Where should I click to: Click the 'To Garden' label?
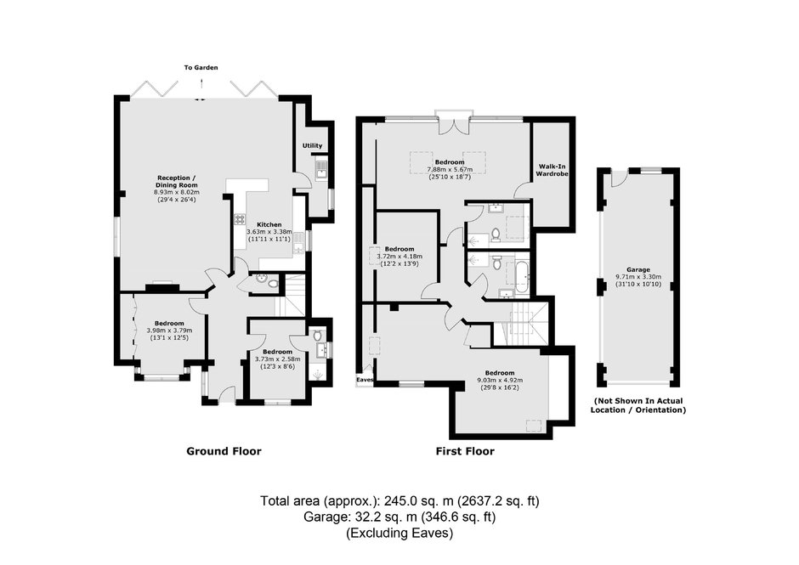(201, 67)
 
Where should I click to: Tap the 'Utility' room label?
(312, 145)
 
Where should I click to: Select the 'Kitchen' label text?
(269, 224)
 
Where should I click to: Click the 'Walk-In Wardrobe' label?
(552, 170)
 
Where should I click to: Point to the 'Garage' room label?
(638, 270)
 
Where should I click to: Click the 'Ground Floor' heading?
(224, 451)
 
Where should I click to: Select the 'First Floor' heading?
(465, 451)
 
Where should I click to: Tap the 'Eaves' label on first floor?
(365, 380)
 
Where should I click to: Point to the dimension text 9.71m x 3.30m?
(638, 277)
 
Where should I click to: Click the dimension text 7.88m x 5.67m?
(450, 170)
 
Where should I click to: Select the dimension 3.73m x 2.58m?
(278, 359)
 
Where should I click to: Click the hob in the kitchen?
(240, 219)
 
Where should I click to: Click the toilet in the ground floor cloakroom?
(274, 283)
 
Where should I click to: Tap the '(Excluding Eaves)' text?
(399, 534)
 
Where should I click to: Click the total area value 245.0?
(403, 500)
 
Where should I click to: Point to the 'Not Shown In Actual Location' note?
(638, 405)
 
